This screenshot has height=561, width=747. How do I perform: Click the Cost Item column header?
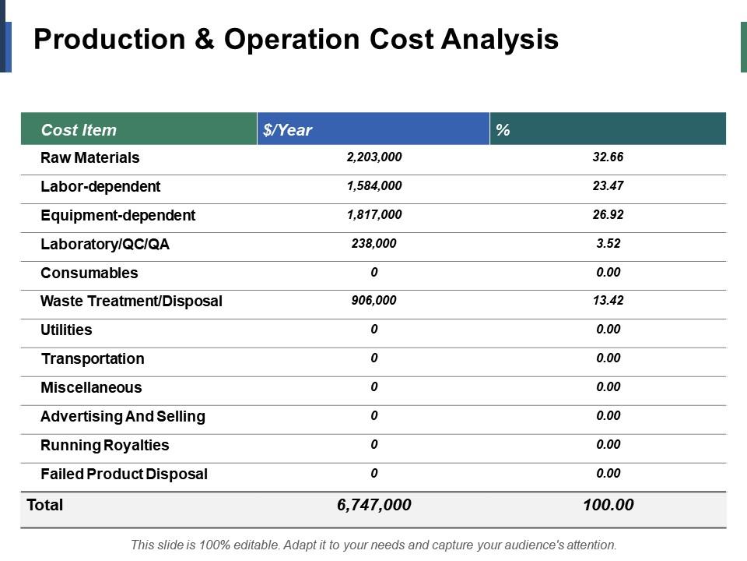(79, 130)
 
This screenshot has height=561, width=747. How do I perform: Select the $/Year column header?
(288, 130)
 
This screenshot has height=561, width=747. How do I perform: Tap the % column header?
(503, 130)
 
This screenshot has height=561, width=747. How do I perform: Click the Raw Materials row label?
(90, 157)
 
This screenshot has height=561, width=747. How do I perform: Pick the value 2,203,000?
(374, 157)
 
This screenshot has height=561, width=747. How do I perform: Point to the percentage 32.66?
(608, 157)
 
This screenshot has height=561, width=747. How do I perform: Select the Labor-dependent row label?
(100, 186)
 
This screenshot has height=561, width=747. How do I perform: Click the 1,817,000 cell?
(374, 215)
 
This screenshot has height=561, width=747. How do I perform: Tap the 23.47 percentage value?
(608, 186)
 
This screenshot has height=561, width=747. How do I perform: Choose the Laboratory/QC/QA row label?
(105, 244)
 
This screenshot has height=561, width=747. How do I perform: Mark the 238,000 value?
(374, 244)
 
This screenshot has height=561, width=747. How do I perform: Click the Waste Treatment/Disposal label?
(132, 301)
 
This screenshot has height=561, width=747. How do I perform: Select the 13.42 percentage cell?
(608, 301)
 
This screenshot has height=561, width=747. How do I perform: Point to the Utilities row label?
(66, 330)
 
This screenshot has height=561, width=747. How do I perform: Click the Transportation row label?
(93, 358)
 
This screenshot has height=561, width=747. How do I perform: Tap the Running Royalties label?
(105, 445)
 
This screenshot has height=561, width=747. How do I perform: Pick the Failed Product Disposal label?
(124, 474)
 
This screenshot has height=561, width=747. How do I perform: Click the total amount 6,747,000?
(374, 505)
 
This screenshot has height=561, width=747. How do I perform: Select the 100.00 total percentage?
(608, 505)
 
